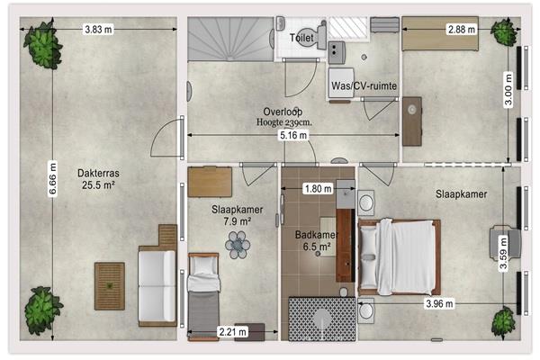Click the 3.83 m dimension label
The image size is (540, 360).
pyautogui.click(x=98, y=30)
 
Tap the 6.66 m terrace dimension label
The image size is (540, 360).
pyautogui.click(x=52, y=178)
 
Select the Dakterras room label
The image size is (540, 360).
pyautogui.click(x=98, y=173)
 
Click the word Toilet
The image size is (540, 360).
pyautogui.click(x=301, y=38)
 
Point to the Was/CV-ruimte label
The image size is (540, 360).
pyautogui.click(x=364, y=85)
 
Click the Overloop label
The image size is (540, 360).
pyautogui.click(x=283, y=112)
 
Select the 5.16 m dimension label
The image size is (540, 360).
pyautogui.click(x=293, y=135)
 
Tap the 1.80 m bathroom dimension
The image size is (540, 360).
pyautogui.click(x=319, y=188)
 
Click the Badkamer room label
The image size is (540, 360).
pyautogui.click(x=316, y=235)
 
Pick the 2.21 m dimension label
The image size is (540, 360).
pyautogui.click(x=233, y=332)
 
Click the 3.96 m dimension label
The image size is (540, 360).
pyautogui.click(x=439, y=304)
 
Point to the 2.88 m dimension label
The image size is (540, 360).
pyautogui.click(x=462, y=30)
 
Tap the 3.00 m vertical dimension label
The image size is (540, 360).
pyautogui.click(x=508, y=90)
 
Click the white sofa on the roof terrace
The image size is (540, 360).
pyautogui.click(x=157, y=286)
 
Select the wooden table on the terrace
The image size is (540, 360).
pyautogui.click(x=110, y=286)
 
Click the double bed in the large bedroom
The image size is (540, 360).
pyautogui.click(x=400, y=257)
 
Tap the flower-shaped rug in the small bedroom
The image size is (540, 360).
pyautogui.click(x=238, y=245)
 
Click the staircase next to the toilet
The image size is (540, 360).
pyautogui.click(x=230, y=39)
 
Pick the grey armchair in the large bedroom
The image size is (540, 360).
pyautogui.click(x=505, y=242)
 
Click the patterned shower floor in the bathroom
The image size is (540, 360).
pyautogui.click(x=322, y=319)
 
